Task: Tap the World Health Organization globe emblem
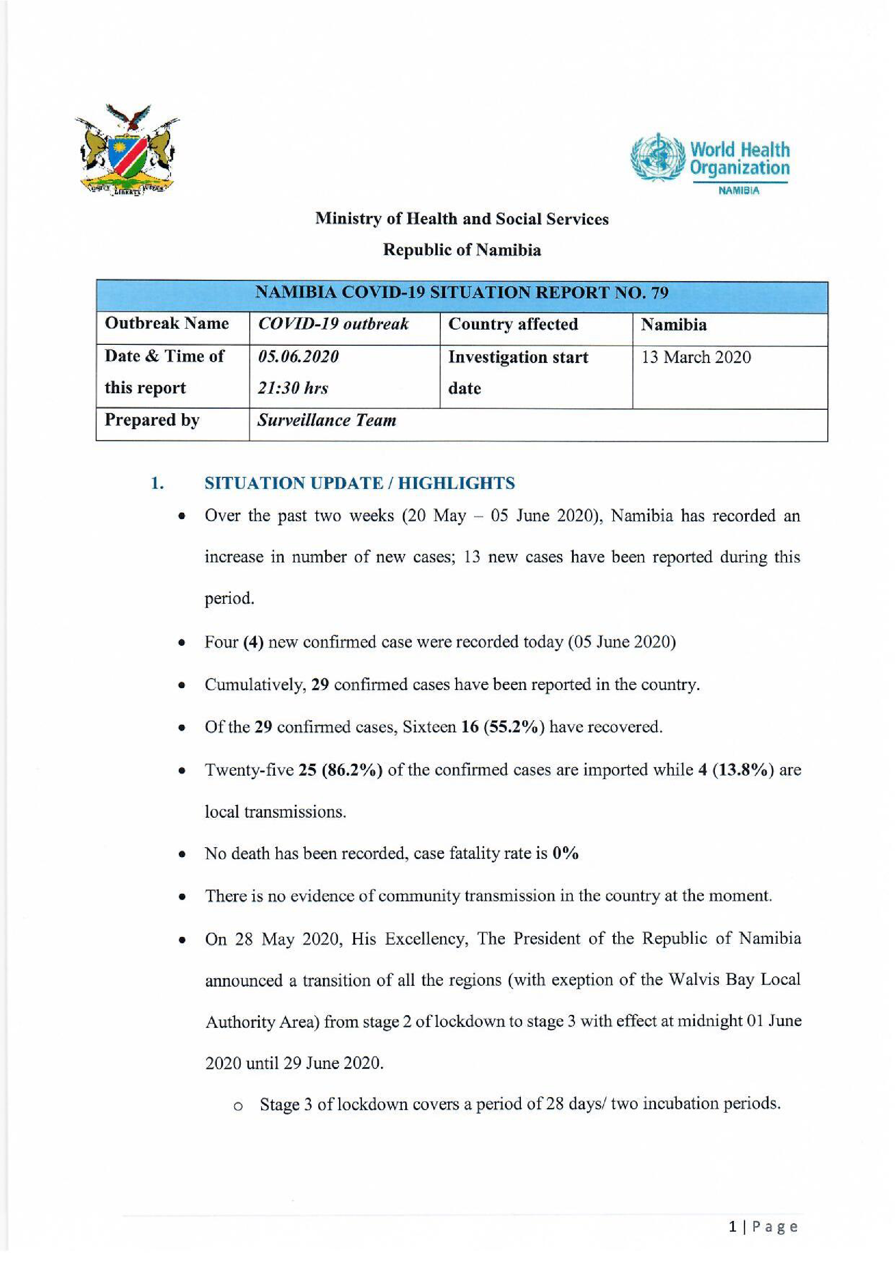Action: pyautogui.click(x=657, y=158)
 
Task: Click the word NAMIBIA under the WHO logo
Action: pyautogui.click(x=739, y=191)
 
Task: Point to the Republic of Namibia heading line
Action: pyautogui.click(x=462, y=250)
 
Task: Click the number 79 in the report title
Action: pyautogui.click(x=660, y=292)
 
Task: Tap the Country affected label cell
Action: pyautogui.click(x=513, y=324)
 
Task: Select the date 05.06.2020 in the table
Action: pyautogui.click(x=298, y=357)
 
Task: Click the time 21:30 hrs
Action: pyautogui.click(x=293, y=388)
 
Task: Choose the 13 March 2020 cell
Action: pyautogui.click(x=695, y=357)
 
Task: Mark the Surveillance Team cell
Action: pyautogui.click(x=327, y=420)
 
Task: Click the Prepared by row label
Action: pyautogui.click(x=152, y=420)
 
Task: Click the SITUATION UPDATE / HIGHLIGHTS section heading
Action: pyautogui.click(x=359, y=483)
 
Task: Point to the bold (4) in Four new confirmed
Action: pyautogui.click(x=253, y=642)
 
